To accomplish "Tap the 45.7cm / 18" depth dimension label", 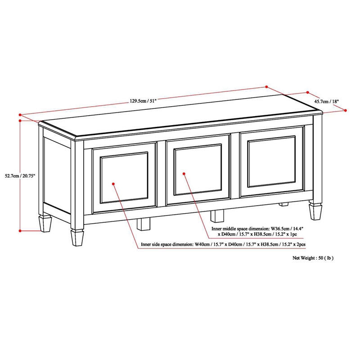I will coord(326,102).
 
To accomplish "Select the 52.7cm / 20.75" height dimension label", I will coord(18,175).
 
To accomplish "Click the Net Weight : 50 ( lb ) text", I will coord(313,258).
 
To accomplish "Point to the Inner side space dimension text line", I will coord(223,244).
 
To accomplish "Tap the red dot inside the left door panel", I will coord(114,184).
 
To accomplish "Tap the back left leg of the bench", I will coord(45,222).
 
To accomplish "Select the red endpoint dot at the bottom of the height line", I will coord(20,230).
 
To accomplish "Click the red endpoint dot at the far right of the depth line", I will coord(346,110).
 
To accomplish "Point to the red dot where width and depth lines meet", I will coord(267,87).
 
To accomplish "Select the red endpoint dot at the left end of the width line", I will coord(20,114).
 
